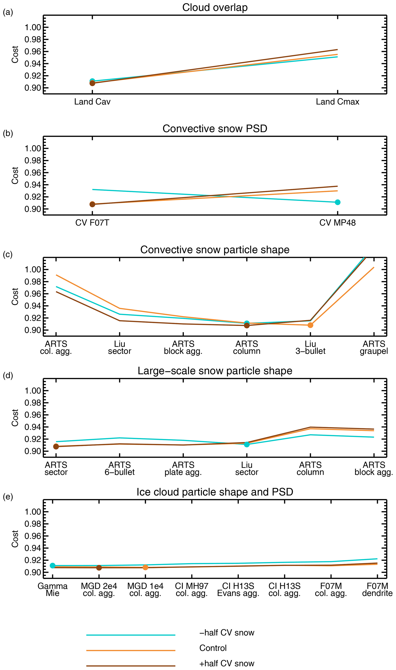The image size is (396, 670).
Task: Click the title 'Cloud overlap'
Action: click(x=215, y=7)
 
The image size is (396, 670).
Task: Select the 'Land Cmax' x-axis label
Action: click(x=337, y=102)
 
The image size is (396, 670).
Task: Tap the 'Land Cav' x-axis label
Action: click(x=92, y=102)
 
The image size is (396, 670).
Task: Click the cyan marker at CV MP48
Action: click(x=337, y=202)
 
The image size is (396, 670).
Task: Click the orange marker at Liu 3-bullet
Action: click(x=310, y=325)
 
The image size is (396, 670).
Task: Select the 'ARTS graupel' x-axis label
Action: click(x=374, y=347)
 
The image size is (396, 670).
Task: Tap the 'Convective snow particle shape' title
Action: click(x=215, y=250)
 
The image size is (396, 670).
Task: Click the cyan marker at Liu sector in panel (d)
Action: click(x=247, y=444)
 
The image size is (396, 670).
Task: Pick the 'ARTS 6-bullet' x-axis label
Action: click(x=120, y=469)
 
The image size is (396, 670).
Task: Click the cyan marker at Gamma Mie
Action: click(x=52, y=565)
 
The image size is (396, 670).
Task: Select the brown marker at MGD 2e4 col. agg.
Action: click(x=99, y=567)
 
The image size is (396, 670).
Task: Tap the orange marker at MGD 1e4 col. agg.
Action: click(x=145, y=567)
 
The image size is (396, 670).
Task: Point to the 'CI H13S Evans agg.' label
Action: click(x=238, y=590)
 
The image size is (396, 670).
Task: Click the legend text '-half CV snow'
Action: click(x=227, y=633)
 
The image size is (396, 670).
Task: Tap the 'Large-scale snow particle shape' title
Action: click(x=215, y=371)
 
